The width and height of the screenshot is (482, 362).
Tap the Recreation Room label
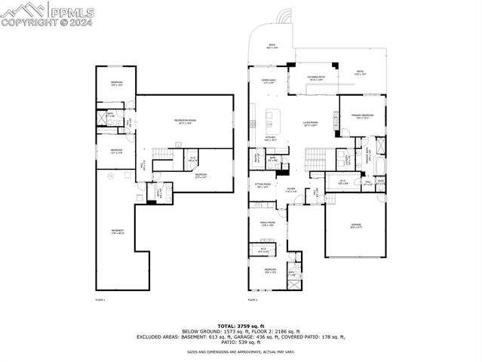point(182,121)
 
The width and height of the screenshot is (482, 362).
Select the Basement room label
point(118,232)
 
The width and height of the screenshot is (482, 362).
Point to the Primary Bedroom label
point(362,115)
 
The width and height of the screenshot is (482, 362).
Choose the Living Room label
point(310,122)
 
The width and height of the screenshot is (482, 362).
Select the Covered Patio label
point(316,77)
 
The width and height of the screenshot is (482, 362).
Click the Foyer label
point(290,190)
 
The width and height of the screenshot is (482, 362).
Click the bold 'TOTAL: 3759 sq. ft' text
point(241,326)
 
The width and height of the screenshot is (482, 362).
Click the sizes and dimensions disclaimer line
point(241,352)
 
